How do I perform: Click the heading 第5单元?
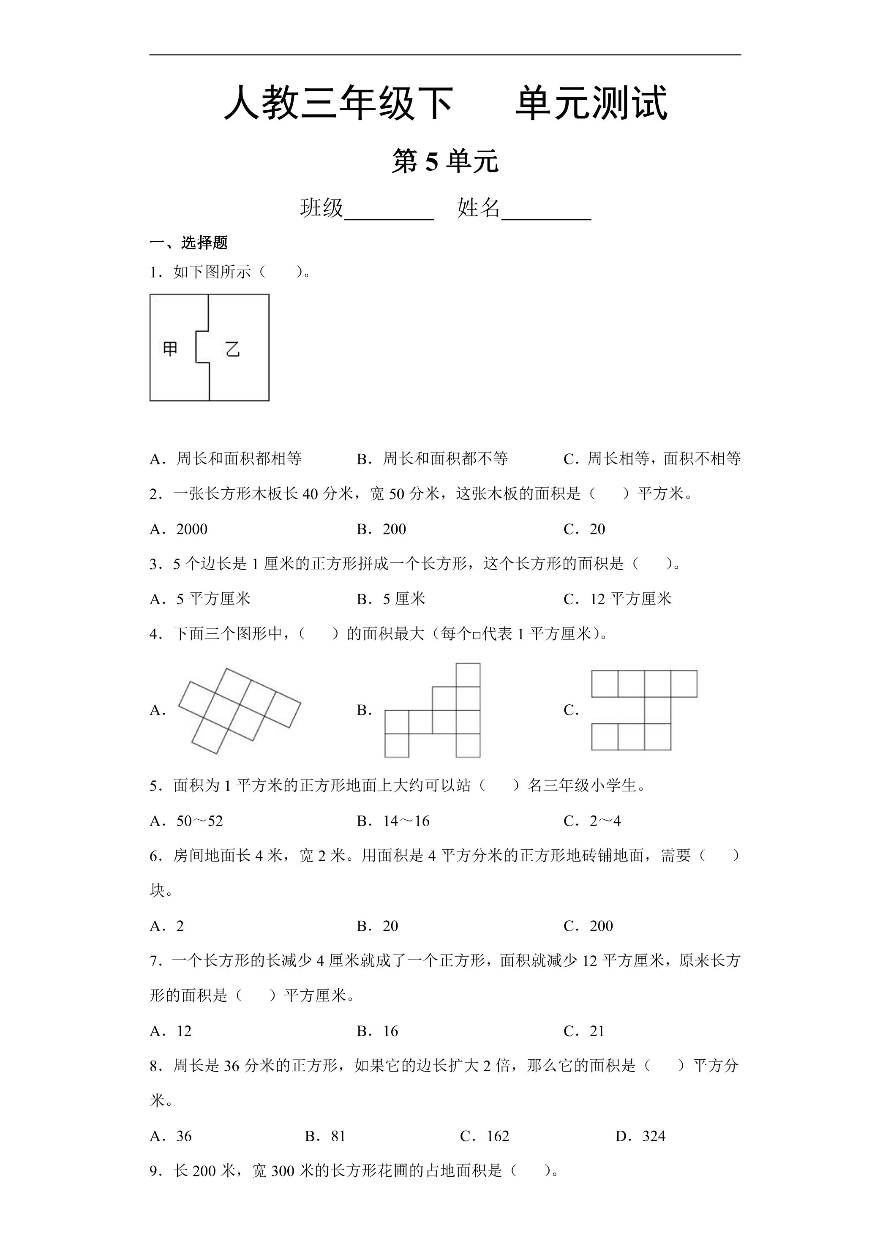pyautogui.click(x=445, y=162)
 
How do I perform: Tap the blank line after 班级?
pyautogui.click(x=389, y=211)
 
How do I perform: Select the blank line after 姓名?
pyautogui.click(x=546, y=211)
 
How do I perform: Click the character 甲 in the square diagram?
pyautogui.click(x=170, y=349)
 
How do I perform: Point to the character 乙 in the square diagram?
pyautogui.click(x=233, y=349)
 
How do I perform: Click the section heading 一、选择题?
pyautogui.click(x=188, y=243)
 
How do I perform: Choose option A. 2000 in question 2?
pyautogui.click(x=179, y=529)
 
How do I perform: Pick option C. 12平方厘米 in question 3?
pyautogui.click(x=617, y=599)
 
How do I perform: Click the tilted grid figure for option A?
pyautogui.click(x=240, y=710)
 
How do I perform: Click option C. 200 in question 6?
pyautogui.click(x=588, y=926)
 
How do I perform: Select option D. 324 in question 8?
pyautogui.click(x=640, y=1136)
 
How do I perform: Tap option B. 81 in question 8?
pyautogui.click(x=325, y=1136)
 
